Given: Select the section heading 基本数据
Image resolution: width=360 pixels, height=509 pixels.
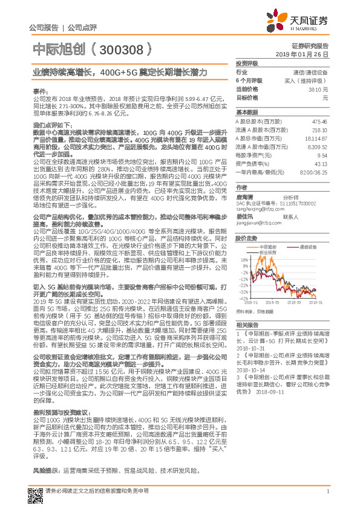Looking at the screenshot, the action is [246, 112].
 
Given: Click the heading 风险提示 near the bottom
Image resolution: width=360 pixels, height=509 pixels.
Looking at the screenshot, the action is [45, 469].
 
